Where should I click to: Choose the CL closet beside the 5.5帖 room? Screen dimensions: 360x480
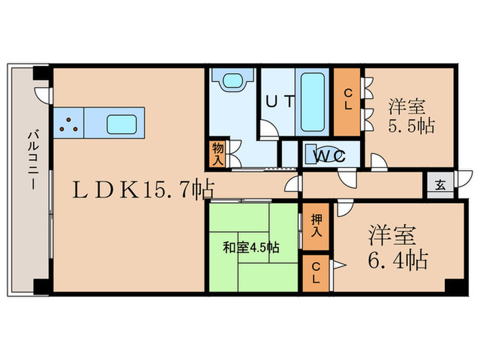[348, 103]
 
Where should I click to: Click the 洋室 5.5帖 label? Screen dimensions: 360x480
[412, 117]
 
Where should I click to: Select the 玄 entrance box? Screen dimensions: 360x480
[438, 184]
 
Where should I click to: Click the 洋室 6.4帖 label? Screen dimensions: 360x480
[390, 247]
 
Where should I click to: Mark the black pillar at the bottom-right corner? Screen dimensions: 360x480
[451, 286]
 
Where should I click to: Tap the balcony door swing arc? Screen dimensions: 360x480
[43, 95]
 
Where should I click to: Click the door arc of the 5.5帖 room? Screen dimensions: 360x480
[376, 161]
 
